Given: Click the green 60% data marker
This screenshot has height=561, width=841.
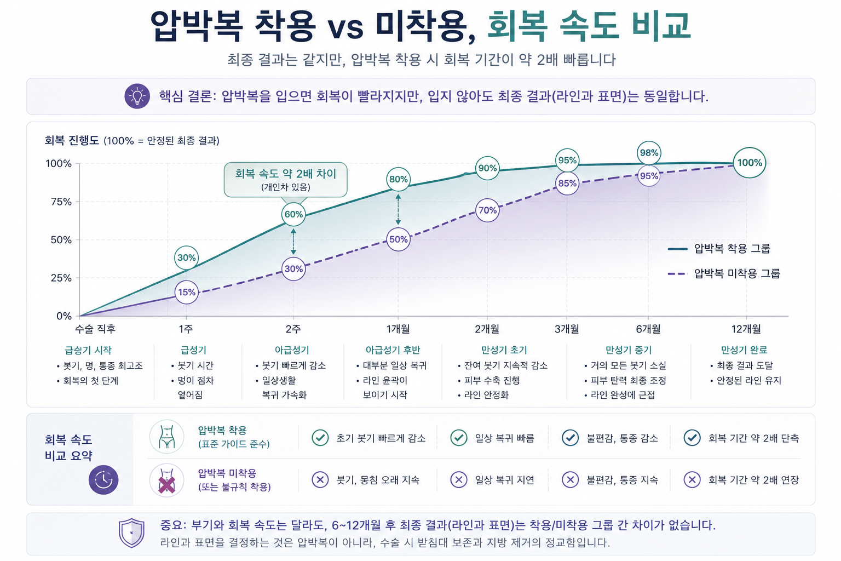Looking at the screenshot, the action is tap(293, 214).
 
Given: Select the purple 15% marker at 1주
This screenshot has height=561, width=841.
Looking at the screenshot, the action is tap(187, 292).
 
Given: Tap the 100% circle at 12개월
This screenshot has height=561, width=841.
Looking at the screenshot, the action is tap(750, 163).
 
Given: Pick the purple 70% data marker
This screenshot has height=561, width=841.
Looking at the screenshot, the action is tap(487, 210).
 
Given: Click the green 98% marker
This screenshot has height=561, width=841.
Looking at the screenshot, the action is tap(649, 153).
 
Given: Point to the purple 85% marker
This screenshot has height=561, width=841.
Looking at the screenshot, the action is tap(567, 183).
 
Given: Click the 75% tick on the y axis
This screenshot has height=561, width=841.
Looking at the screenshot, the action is tap(61, 202).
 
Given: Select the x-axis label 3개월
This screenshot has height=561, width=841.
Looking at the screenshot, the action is tap(567, 329).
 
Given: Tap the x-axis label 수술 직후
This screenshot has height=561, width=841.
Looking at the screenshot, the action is tap(95, 329).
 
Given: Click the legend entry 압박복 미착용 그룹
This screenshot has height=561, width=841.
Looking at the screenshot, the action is tap(724, 273).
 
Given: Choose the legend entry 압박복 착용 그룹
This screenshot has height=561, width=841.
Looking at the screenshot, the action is tap(719, 248).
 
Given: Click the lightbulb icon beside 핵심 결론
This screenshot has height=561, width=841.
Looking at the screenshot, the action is tap(137, 96).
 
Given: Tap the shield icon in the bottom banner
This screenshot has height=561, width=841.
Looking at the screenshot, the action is tap(131, 533).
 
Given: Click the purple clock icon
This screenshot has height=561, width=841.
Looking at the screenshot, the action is tap(103, 480).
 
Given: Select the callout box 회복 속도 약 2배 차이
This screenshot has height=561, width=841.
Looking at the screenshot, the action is tap(285, 180).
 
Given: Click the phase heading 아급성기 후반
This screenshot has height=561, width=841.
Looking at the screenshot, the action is tap(393, 350).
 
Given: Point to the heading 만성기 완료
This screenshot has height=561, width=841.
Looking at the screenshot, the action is tap(744, 350).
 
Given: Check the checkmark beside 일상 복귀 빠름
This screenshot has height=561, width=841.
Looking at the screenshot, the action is tap(458, 438).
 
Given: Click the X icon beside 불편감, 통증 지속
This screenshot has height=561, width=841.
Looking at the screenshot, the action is tap(570, 480).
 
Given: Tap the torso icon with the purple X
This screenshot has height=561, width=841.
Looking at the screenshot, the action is tap(166, 480).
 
